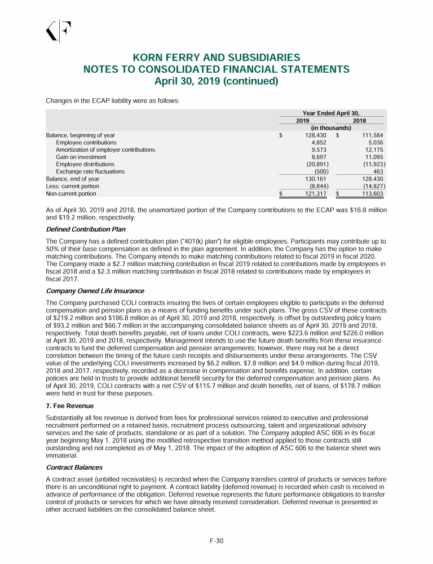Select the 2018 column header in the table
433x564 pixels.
pos(359,121)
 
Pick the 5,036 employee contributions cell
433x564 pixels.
pos(375,143)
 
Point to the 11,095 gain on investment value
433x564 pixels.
pos(373,157)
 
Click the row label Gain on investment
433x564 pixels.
pos(81,157)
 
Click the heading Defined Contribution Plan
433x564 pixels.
pos(85,230)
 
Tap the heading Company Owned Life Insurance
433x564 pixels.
pos(95,291)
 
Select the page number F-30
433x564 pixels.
pos(216,541)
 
